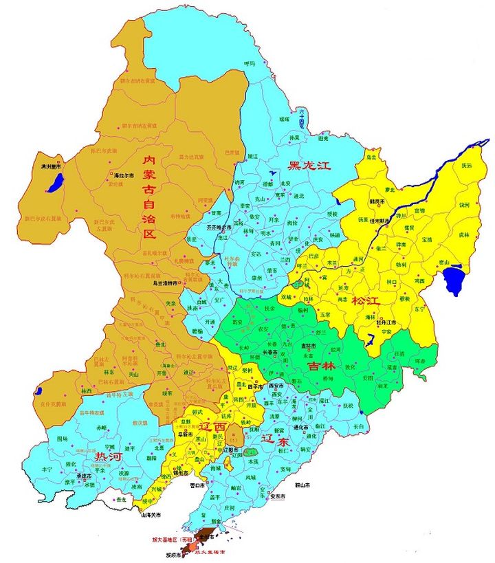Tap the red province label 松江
click(x=367, y=300)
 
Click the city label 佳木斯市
click(x=386, y=221)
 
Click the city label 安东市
click(x=278, y=496)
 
